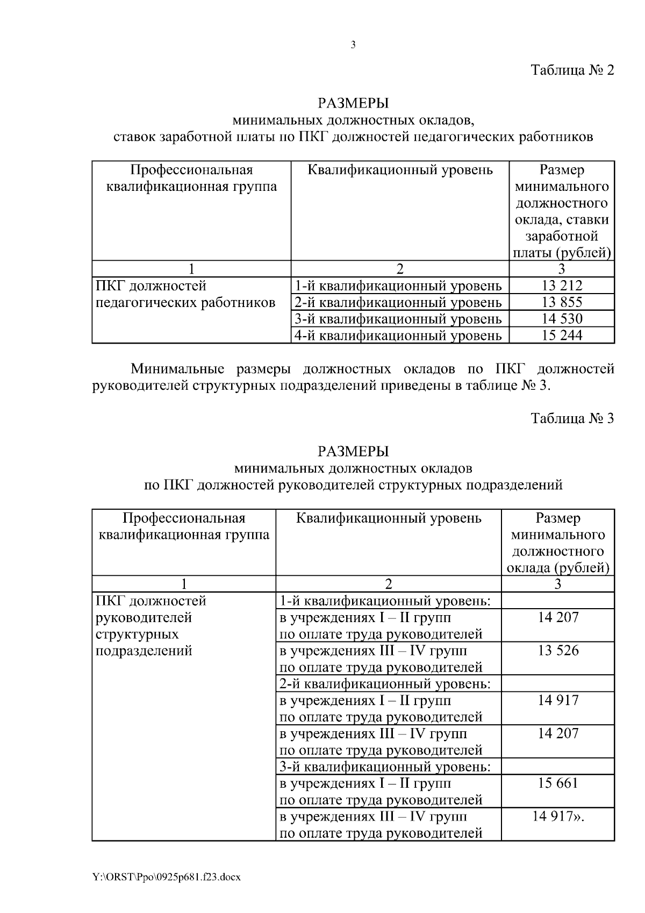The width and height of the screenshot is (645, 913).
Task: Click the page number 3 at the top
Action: (353, 45)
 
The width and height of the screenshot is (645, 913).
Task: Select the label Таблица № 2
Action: (572, 70)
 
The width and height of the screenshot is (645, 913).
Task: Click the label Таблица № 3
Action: (572, 418)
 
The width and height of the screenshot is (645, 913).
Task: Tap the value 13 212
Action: (562, 286)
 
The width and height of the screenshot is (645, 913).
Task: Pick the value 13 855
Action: (562, 302)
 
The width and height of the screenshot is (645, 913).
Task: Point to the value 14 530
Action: (562, 319)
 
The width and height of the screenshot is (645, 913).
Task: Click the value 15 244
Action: (562, 336)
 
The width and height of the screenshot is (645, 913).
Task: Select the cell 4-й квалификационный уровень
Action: (398, 336)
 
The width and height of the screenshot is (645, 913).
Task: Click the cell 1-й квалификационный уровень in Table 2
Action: (398, 286)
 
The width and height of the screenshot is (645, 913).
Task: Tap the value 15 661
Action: (558, 783)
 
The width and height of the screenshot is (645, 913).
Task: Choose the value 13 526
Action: (558, 651)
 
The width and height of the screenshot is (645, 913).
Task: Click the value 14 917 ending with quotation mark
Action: (558, 816)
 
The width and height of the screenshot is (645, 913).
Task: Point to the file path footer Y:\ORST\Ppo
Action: (167, 877)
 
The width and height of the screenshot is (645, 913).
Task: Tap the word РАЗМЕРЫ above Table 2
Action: (353, 102)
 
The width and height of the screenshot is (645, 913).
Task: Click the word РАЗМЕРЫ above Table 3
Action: (353, 451)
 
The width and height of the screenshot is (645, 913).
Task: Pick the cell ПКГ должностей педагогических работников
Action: (185, 294)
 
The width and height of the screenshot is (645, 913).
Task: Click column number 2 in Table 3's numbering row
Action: (388, 584)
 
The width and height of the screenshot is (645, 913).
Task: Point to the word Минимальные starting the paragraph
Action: (177, 369)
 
